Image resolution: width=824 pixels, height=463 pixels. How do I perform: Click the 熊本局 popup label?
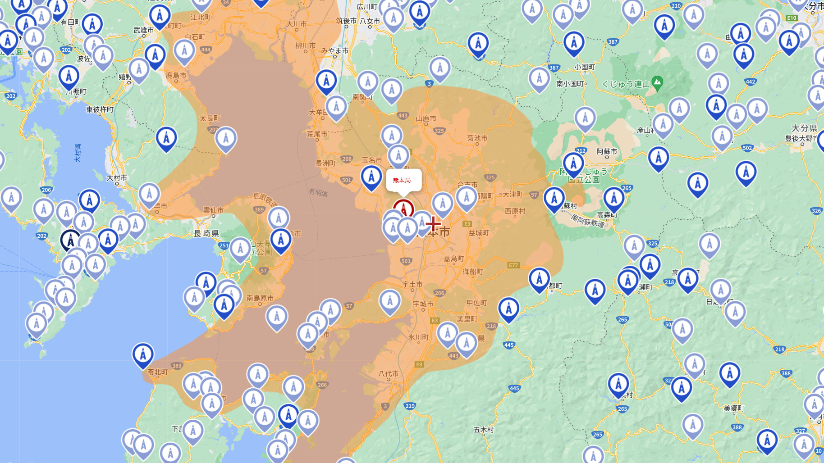(402, 180)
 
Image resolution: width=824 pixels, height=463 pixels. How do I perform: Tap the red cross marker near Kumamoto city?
(433, 223)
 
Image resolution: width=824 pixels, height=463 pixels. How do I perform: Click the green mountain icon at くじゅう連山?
(657, 82)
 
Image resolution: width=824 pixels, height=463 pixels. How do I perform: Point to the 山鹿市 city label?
(426, 118)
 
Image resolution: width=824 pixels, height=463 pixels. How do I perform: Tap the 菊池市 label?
(477, 138)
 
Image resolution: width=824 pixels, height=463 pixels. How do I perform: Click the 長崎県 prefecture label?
(206, 233)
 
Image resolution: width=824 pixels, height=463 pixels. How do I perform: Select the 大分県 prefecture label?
(804, 128)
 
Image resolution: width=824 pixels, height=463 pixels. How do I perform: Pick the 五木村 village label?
(484, 430)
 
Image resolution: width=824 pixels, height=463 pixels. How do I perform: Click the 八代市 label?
(388, 373)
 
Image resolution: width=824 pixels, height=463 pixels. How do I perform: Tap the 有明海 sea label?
(318, 192)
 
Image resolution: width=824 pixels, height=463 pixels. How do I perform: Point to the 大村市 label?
(117, 178)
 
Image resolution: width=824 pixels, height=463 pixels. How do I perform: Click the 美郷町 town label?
(734, 408)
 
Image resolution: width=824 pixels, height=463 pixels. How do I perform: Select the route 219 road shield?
(410, 406)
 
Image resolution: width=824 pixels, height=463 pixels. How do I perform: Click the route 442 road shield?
(750, 82)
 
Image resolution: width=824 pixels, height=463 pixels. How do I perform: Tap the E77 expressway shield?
(513, 265)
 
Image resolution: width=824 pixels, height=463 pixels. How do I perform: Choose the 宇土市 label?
(412, 284)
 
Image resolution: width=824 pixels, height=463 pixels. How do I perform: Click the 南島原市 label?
(260, 298)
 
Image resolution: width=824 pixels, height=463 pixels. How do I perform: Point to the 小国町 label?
(585, 67)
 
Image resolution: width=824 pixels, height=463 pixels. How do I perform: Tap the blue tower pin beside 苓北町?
(143, 354)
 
